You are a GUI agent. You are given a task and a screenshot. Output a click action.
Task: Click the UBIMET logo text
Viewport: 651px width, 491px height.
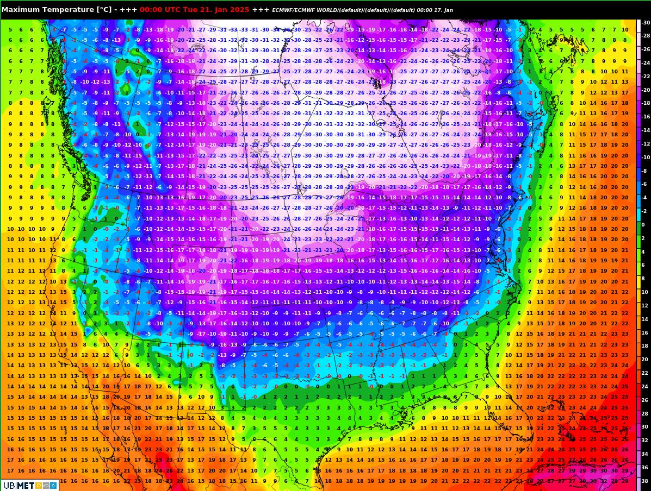pyautogui.click(x=18, y=485)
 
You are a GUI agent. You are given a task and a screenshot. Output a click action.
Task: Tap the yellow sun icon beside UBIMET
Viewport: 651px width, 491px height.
pyautogui.click(x=39, y=485)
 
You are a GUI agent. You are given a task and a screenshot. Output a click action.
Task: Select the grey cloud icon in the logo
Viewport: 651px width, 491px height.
pyautogui.click(x=46, y=485)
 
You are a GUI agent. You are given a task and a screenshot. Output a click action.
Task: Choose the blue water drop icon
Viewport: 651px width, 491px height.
pyautogui.click(x=53, y=485)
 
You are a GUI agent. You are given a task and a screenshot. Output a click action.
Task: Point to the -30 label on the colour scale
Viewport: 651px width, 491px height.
pyautogui.click(x=646, y=23)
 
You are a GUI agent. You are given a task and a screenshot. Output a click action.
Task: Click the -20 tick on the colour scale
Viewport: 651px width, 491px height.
pyautogui.click(x=646, y=90)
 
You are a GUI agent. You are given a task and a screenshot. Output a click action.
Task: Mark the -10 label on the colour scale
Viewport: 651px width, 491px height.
pyautogui.click(x=646, y=158)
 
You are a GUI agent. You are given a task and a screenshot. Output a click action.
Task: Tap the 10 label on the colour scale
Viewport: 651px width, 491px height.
pyautogui.click(x=645, y=292)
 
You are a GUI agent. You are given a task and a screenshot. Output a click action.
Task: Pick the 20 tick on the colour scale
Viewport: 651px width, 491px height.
pyautogui.click(x=645, y=360)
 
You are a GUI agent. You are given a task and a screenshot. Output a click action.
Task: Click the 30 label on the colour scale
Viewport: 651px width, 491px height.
pyautogui.click(x=645, y=427)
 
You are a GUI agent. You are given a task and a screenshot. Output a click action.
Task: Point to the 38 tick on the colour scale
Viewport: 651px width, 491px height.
pyautogui.click(x=645, y=481)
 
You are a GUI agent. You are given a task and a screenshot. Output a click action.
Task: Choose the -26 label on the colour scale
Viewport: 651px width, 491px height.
pyautogui.click(x=646, y=49)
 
